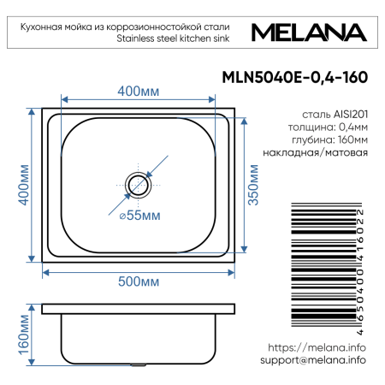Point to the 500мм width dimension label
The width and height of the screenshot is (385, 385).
point(138,281)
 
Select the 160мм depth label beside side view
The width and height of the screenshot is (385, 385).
point(25,335)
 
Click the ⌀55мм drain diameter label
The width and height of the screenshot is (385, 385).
point(139,216)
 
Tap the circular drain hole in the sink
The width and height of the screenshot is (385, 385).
point(137,183)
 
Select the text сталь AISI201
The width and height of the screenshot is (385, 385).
point(335,112)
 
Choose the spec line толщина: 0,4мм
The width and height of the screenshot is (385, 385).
point(329,126)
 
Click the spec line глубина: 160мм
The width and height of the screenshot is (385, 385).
point(329,139)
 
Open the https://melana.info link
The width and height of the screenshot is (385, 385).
point(317,348)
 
